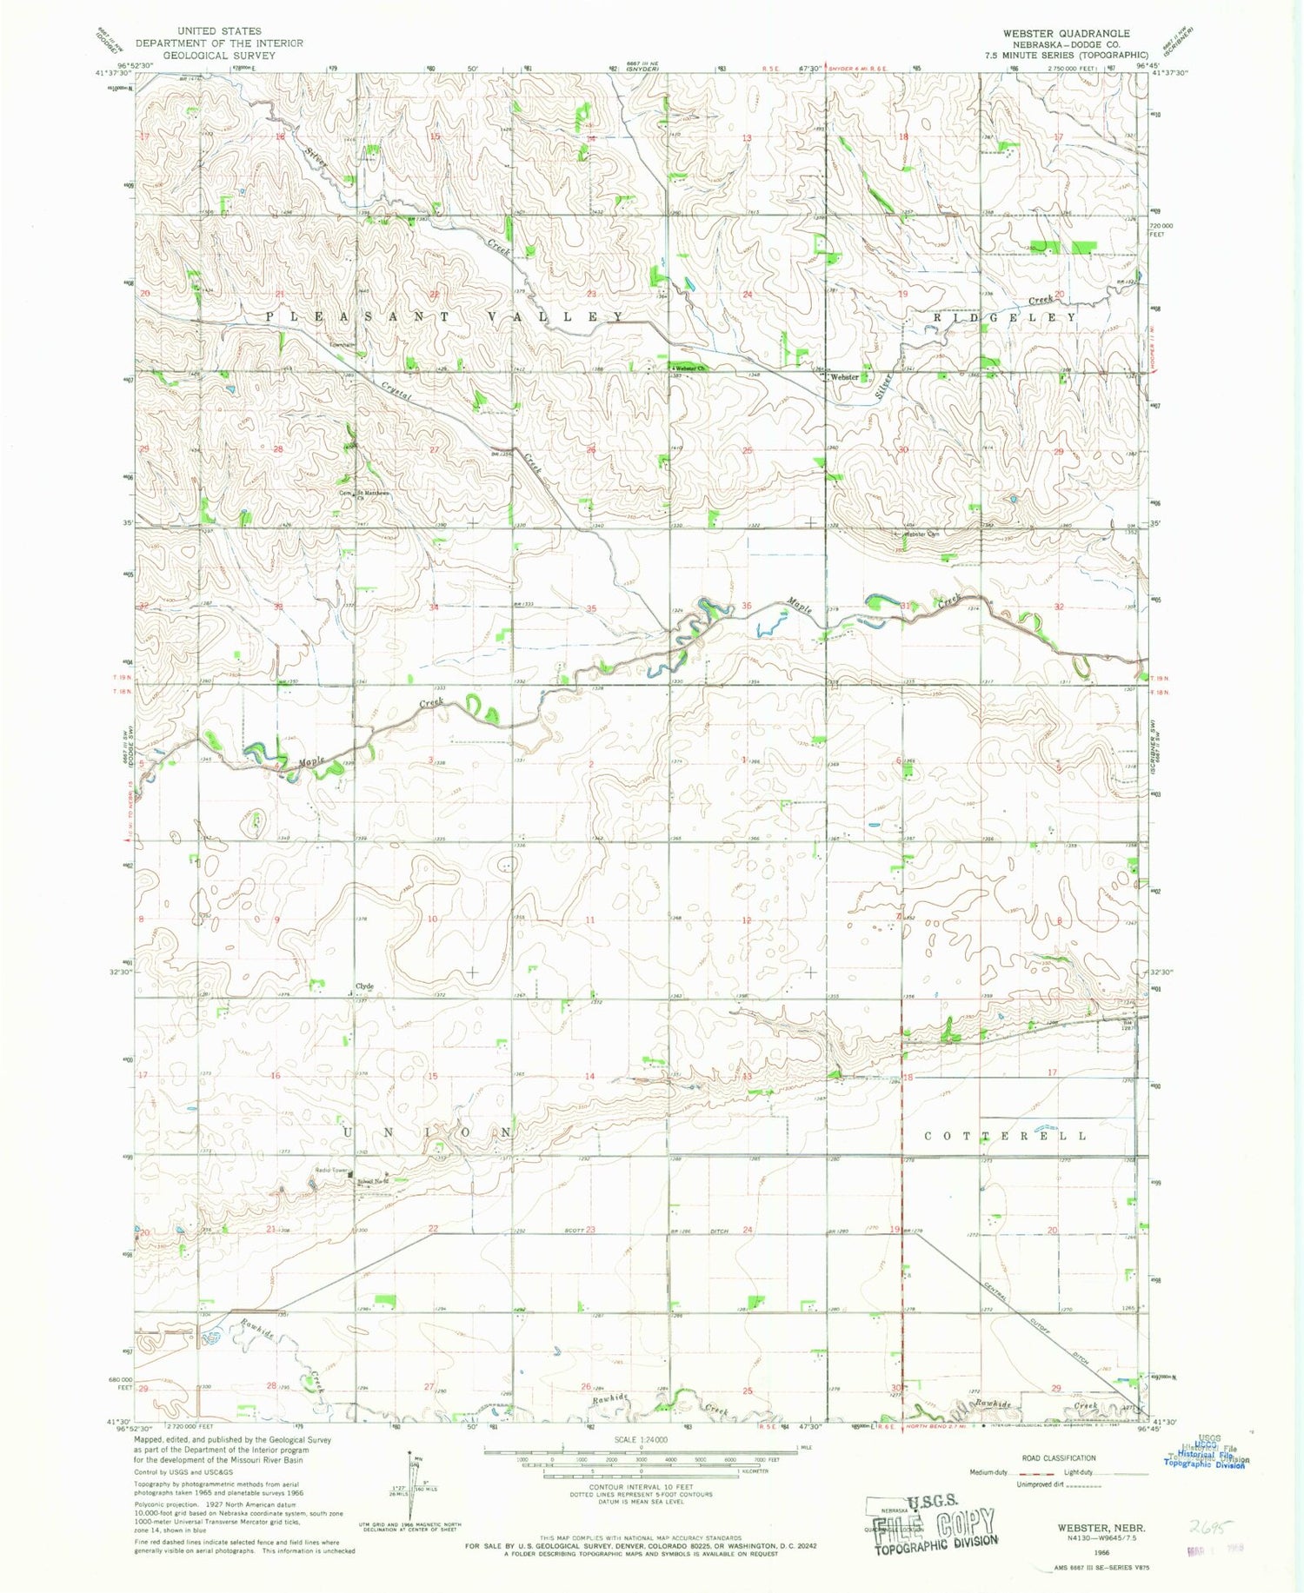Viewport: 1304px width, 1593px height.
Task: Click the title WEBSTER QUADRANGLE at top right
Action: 1066,33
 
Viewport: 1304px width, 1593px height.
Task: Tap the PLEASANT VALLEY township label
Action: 443,316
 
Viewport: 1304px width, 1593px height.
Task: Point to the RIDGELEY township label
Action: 1005,318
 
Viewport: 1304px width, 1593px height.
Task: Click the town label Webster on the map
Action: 844,377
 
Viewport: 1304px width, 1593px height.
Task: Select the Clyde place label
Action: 363,986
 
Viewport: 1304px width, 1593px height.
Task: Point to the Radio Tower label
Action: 331,1171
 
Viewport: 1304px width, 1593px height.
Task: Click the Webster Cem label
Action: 922,534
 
